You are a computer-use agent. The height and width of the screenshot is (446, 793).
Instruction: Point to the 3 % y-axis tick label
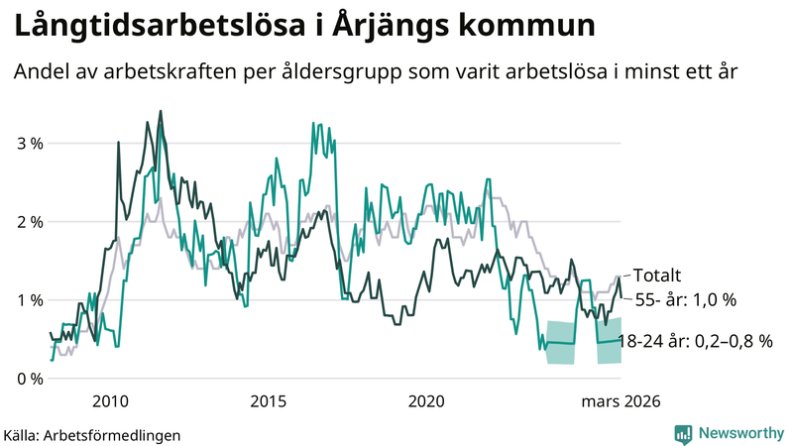(x=31, y=144)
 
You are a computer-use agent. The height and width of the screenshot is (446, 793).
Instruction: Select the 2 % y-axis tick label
(x=31, y=222)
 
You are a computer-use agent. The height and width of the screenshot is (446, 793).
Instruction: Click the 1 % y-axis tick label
(x=31, y=300)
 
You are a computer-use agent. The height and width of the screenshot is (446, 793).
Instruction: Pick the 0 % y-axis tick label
(x=31, y=379)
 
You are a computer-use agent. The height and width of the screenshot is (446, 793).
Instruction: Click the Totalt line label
(x=657, y=276)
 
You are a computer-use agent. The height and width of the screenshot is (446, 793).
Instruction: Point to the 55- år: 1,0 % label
(x=685, y=299)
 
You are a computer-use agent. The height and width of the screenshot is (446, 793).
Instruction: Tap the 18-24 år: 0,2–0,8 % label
(x=695, y=342)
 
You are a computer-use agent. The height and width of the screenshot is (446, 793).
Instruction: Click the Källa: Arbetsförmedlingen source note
(x=92, y=434)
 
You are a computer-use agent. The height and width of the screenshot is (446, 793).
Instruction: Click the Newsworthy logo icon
(x=683, y=433)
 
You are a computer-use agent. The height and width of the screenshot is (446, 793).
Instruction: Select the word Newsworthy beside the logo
(x=739, y=433)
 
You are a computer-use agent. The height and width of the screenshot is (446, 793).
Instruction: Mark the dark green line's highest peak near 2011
(x=161, y=112)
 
